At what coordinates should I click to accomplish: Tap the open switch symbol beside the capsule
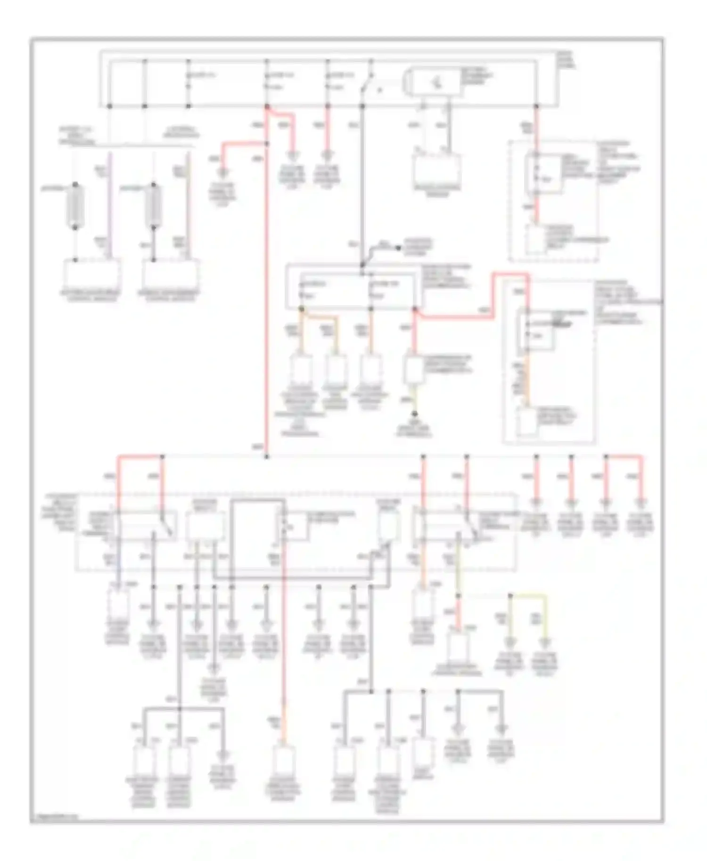tap(367, 87)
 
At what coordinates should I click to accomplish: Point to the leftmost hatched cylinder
tap(75, 206)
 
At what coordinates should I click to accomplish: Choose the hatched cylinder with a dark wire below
tap(154, 206)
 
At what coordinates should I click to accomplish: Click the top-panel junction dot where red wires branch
tap(267, 107)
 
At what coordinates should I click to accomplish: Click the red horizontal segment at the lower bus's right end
tap(624, 456)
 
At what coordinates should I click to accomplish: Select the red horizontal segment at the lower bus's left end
tap(140, 456)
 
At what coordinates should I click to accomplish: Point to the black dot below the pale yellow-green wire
tap(415, 414)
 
